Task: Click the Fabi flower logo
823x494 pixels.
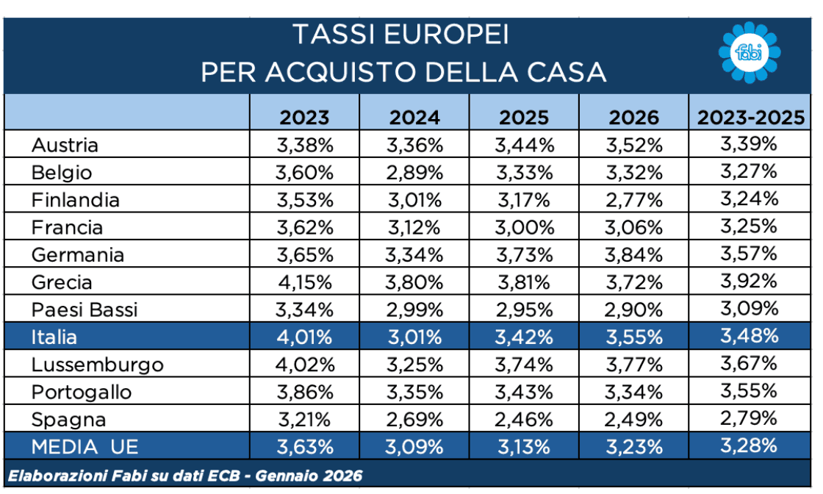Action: point(748,52)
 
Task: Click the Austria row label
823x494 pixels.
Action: point(65,145)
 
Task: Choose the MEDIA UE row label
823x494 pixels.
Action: point(84,446)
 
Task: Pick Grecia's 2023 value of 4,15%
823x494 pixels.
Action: point(305,282)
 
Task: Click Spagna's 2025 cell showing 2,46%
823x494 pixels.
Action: point(524,420)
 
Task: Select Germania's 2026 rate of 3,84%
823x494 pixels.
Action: point(634,255)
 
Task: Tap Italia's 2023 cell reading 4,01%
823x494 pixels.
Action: point(305,337)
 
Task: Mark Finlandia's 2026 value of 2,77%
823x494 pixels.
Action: point(634,200)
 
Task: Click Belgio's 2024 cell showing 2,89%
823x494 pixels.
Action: point(414,172)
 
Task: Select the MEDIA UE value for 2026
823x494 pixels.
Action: point(634,446)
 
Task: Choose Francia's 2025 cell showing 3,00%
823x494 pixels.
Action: point(524,227)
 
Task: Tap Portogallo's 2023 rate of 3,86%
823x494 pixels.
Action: point(305,392)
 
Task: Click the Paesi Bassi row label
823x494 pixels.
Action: point(85,309)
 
